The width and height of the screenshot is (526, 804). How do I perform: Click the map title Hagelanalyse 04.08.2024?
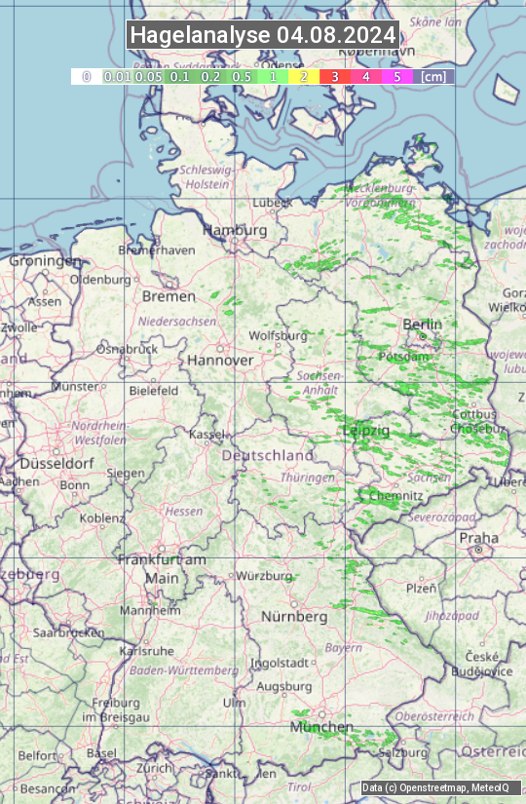click(263, 35)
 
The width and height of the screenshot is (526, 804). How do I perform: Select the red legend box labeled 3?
click(334, 76)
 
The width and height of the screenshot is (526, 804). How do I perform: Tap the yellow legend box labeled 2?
click(303, 76)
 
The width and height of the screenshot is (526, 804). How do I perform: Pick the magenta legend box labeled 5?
click(396, 76)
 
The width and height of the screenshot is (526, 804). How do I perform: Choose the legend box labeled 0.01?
click(117, 76)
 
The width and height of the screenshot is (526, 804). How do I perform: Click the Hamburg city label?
click(235, 230)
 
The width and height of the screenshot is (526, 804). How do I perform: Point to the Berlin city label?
click(422, 324)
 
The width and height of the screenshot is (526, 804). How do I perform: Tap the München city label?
click(320, 727)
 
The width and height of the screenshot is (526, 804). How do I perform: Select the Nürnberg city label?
click(294, 617)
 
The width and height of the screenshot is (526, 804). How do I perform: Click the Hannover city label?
click(220, 360)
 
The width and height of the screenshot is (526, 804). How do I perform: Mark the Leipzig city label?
click(366, 430)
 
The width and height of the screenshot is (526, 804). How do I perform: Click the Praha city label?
click(478, 538)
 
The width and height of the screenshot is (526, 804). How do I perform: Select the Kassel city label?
click(207, 434)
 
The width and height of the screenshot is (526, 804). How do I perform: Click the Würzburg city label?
click(264, 576)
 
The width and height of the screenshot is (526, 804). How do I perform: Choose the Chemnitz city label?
click(395, 496)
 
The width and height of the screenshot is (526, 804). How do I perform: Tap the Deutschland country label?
click(268, 455)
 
